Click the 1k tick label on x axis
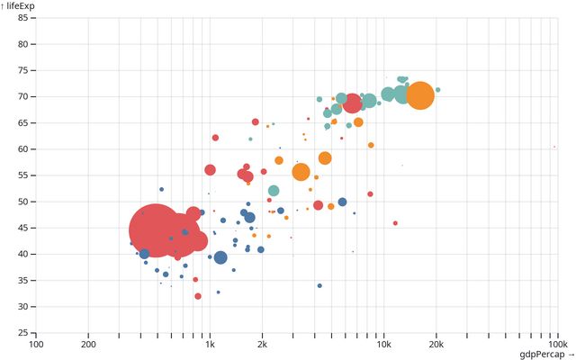pos(210,344)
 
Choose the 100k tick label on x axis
pos(556,344)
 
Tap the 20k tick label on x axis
pos(436,344)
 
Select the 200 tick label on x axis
pos(88,344)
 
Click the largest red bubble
pos(155,231)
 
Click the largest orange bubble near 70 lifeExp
pos(419,94)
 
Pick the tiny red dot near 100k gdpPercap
pos(554,147)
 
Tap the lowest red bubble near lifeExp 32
pos(198,296)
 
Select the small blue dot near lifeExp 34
pos(319,286)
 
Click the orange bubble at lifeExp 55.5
pos(301,173)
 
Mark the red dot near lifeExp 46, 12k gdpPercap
pos(395,223)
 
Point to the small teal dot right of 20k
pos(438,90)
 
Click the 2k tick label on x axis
pos(262,344)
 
